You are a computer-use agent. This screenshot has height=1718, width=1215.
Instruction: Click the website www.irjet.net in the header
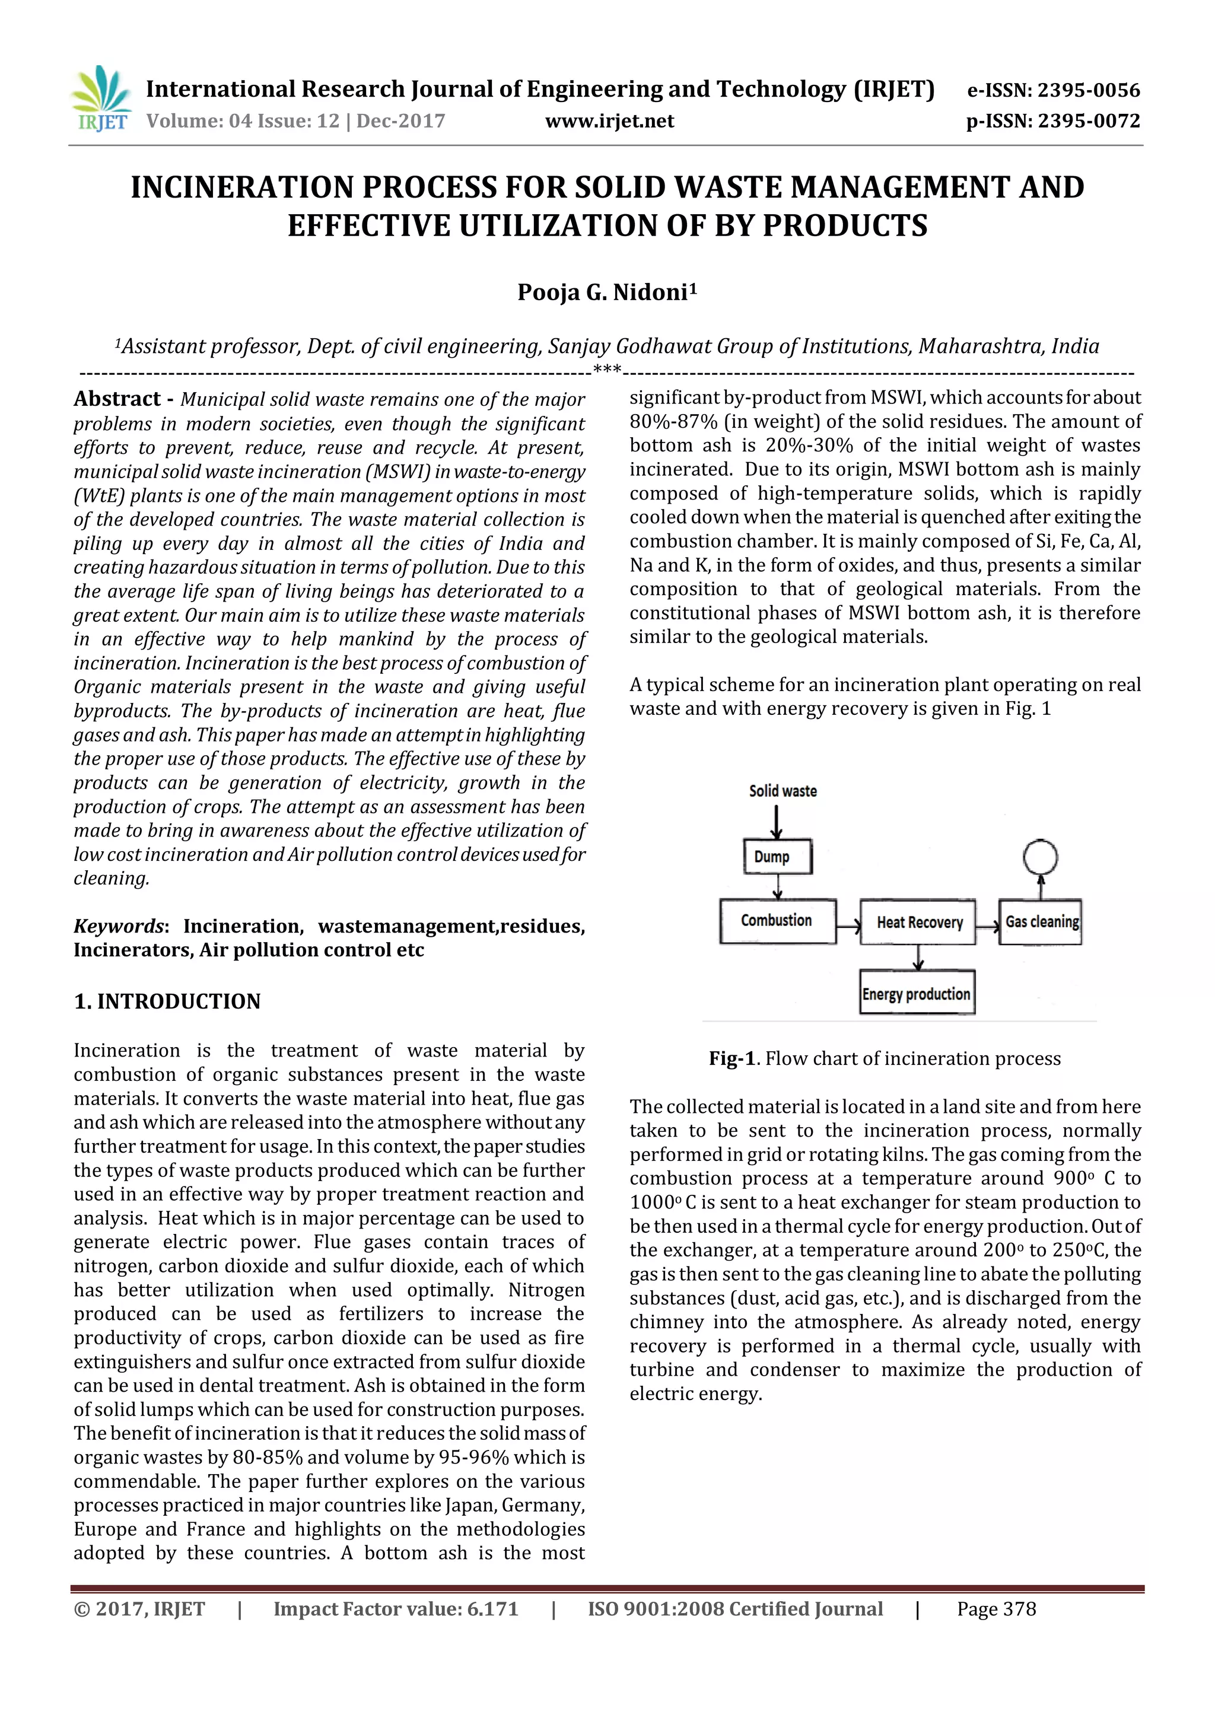[609, 121]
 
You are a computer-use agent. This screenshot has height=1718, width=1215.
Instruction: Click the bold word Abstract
[117, 399]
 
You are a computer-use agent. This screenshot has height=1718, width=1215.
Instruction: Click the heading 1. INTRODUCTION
[167, 1001]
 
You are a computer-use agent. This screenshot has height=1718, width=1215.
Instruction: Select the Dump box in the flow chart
[777, 857]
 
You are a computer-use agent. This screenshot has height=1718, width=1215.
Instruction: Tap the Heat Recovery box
[919, 922]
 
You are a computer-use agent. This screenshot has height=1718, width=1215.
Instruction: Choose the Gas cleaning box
[1041, 922]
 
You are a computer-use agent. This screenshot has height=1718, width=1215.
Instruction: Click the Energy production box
[917, 994]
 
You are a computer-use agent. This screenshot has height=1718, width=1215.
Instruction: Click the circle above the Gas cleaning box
[1040, 857]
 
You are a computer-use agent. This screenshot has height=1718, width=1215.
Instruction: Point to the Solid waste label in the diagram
[783, 791]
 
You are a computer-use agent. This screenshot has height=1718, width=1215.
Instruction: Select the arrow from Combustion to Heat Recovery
[848, 927]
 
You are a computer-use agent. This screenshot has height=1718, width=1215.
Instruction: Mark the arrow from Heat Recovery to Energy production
[919, 957]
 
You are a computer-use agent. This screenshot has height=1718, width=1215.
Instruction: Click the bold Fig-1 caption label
[731, 1059]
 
